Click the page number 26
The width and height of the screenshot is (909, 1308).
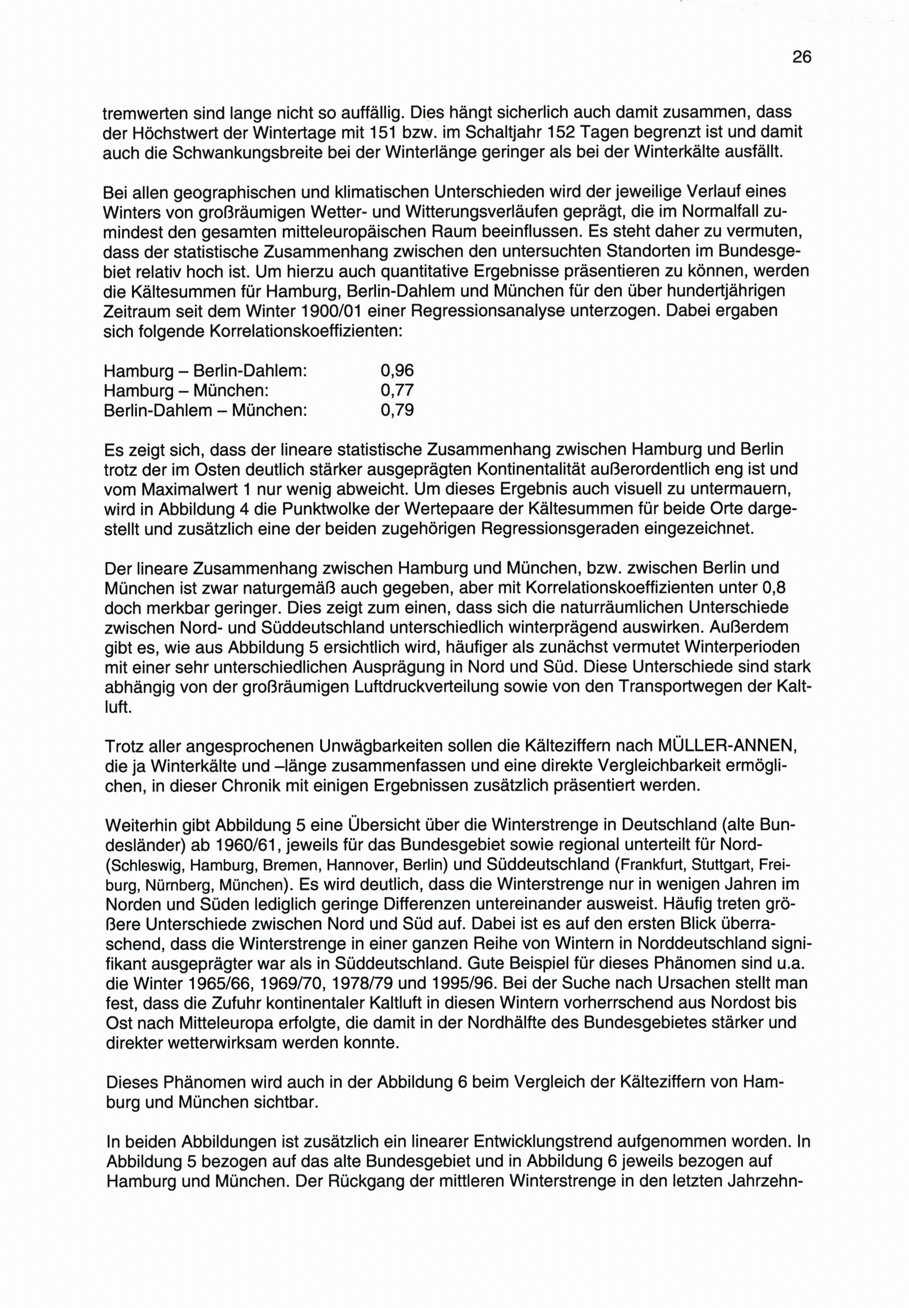[x=801, y=57]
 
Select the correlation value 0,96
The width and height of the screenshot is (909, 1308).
[x=397, y=371]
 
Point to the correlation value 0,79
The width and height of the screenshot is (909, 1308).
[x=397, y=410]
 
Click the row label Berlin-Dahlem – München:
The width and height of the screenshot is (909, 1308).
[x=205, y=410]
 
